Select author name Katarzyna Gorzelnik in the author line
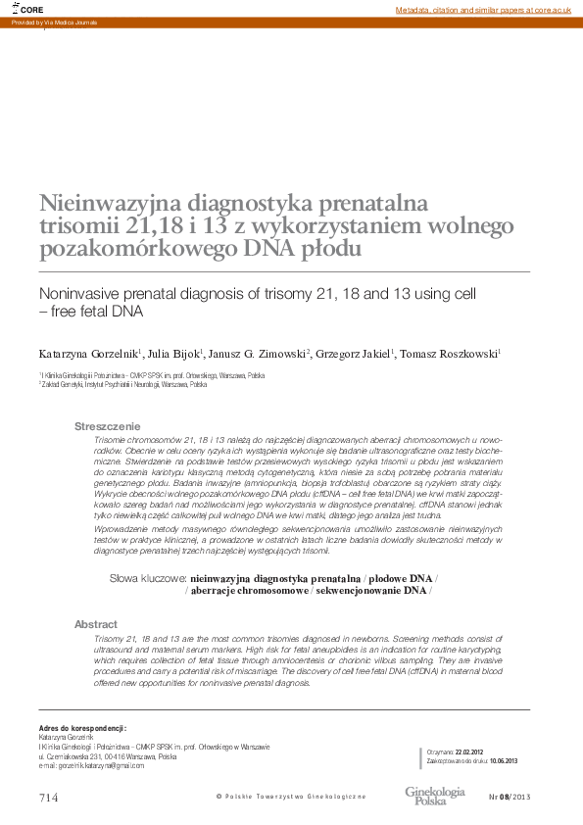click(88, 353)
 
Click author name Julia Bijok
click(173, 353)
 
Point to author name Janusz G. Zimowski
click(259, 353)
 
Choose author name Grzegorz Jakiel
click(353, 353)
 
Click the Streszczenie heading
click(108, 426)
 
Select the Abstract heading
click(96, 624)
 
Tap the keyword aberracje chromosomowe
click(249, 591)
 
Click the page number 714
click(49, 798)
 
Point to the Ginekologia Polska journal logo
click(435, 795)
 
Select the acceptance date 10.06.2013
click(504, 760)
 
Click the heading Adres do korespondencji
click(82, 729)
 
